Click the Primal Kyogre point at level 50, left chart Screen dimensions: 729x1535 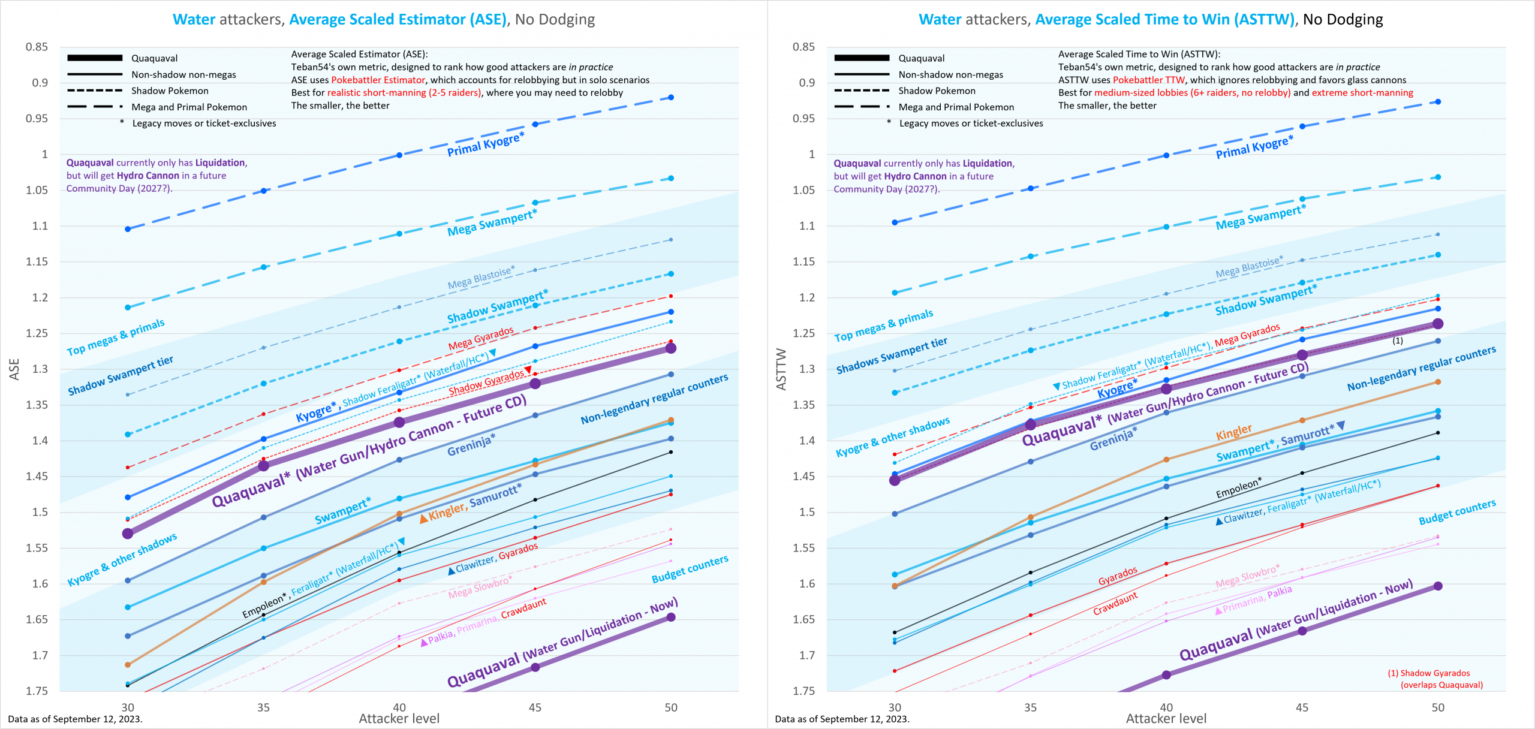coord(671,97)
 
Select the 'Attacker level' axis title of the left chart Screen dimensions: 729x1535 coord(399,718)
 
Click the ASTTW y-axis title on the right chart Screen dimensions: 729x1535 coord(781,369)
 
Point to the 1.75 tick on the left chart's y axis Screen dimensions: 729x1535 coord(37,691)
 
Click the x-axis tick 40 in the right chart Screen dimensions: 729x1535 coord(1166,707)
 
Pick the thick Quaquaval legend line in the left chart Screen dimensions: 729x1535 coord(95,58)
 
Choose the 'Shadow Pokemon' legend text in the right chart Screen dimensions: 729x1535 coord(937,91)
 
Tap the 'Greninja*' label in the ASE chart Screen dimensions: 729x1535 coord(471,444)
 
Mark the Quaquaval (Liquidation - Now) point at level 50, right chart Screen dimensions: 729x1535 coord(1438,586)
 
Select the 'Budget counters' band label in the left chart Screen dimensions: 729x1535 coord(690,569)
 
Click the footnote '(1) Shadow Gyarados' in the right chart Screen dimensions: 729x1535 coord(1428,673)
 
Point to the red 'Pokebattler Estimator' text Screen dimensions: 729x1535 coord(378,80)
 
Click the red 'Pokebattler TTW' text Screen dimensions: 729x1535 coord(1148,80)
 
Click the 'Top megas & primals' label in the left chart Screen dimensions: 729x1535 coord(115,338)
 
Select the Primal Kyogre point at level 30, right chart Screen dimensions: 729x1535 coord(895,222)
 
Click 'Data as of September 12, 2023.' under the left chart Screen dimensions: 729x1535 coord(75,719)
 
